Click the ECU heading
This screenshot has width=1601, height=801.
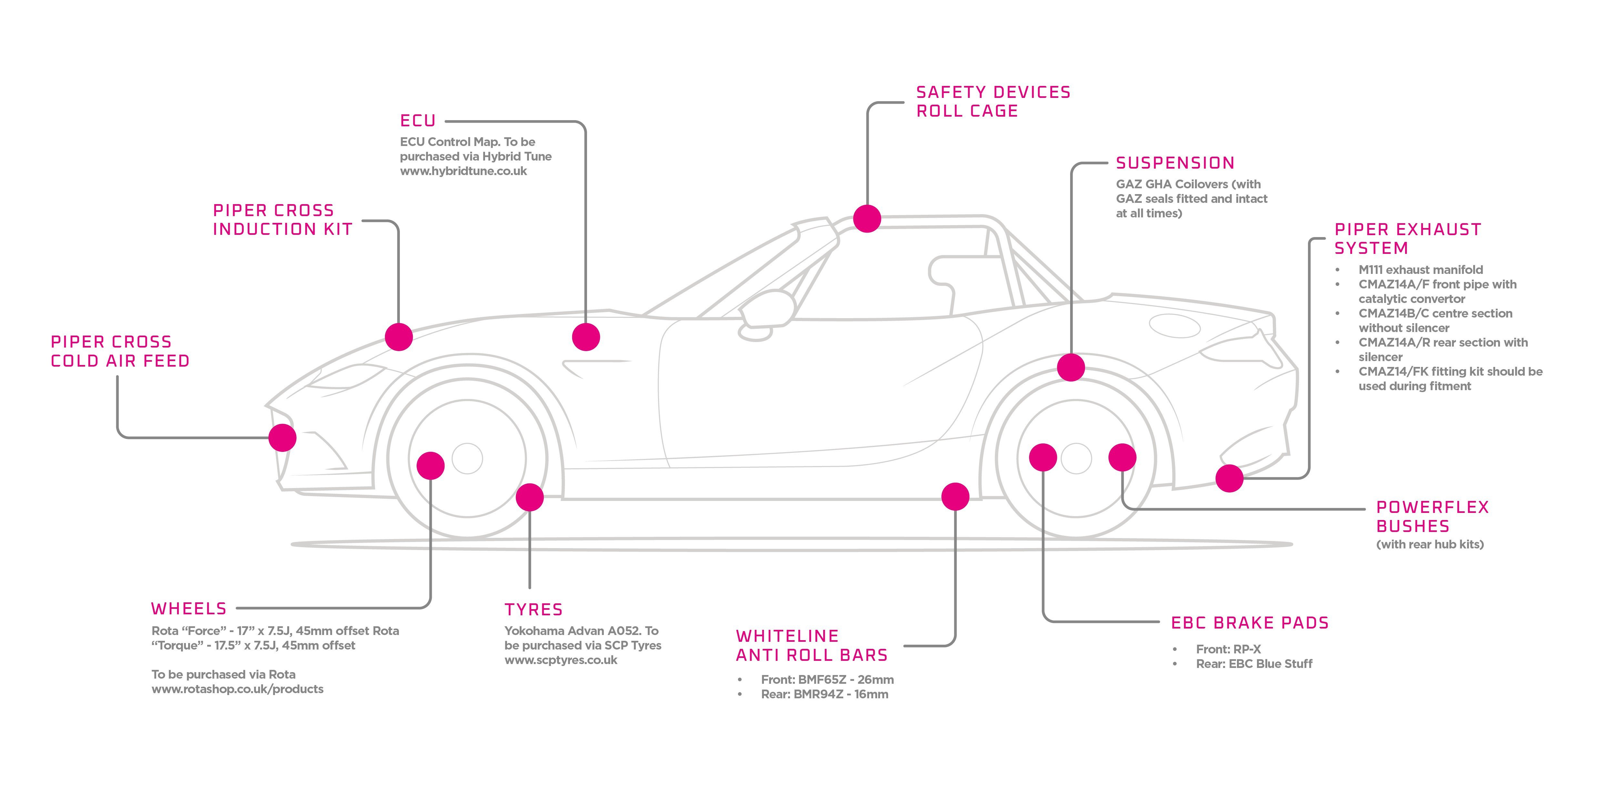[x=418, y=121]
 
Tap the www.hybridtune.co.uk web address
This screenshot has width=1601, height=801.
[x=463, y=171]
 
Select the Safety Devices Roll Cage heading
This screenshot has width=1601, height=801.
[x=993, y=101]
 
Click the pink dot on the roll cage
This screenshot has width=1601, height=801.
[x=867, y=218]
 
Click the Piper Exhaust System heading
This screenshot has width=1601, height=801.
[x=1408, y=239]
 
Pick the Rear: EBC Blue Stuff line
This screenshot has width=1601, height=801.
[x=1253, y=663]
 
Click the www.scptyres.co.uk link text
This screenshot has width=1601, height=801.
[x=561, y=660]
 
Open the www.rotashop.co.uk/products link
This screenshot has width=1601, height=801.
[x=238, y=689]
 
